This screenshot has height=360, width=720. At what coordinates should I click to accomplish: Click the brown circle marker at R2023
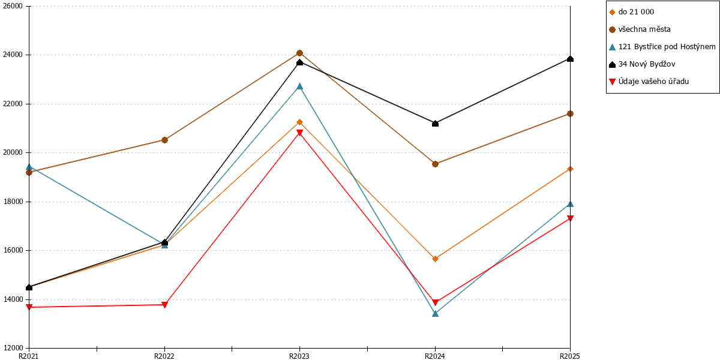point(299,53)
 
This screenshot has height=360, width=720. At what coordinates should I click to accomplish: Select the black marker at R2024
point(435,124)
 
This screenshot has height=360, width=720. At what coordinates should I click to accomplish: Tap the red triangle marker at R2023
point(299,133)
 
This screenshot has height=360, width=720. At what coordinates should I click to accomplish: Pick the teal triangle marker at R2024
point(435,313)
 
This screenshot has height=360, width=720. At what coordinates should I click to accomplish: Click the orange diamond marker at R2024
point(435,259)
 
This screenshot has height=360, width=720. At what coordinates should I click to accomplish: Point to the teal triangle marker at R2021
point(29,167)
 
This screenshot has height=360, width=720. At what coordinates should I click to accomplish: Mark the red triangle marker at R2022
point(164,305)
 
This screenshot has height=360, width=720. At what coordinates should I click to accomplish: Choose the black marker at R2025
point(570,59)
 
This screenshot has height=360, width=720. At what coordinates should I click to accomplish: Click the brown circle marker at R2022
point(164,140)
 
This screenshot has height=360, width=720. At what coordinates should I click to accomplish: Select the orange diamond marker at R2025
point(570,169)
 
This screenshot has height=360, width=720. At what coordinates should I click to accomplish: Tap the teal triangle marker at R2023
point(299,86)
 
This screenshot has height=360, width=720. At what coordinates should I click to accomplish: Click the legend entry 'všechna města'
point(640,29)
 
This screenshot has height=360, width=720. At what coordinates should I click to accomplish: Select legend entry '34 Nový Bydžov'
point(642,64)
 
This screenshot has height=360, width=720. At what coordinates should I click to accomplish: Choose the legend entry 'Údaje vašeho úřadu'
point(649,82)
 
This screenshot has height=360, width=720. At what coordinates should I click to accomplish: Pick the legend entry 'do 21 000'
point(631,12)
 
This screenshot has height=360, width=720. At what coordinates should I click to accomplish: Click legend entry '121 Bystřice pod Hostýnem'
point(662,47)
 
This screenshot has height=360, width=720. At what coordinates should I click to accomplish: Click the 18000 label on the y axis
point(13,202)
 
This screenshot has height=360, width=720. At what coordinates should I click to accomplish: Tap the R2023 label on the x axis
point(299,356)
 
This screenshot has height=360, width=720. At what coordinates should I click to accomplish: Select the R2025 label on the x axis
point(570,356)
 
